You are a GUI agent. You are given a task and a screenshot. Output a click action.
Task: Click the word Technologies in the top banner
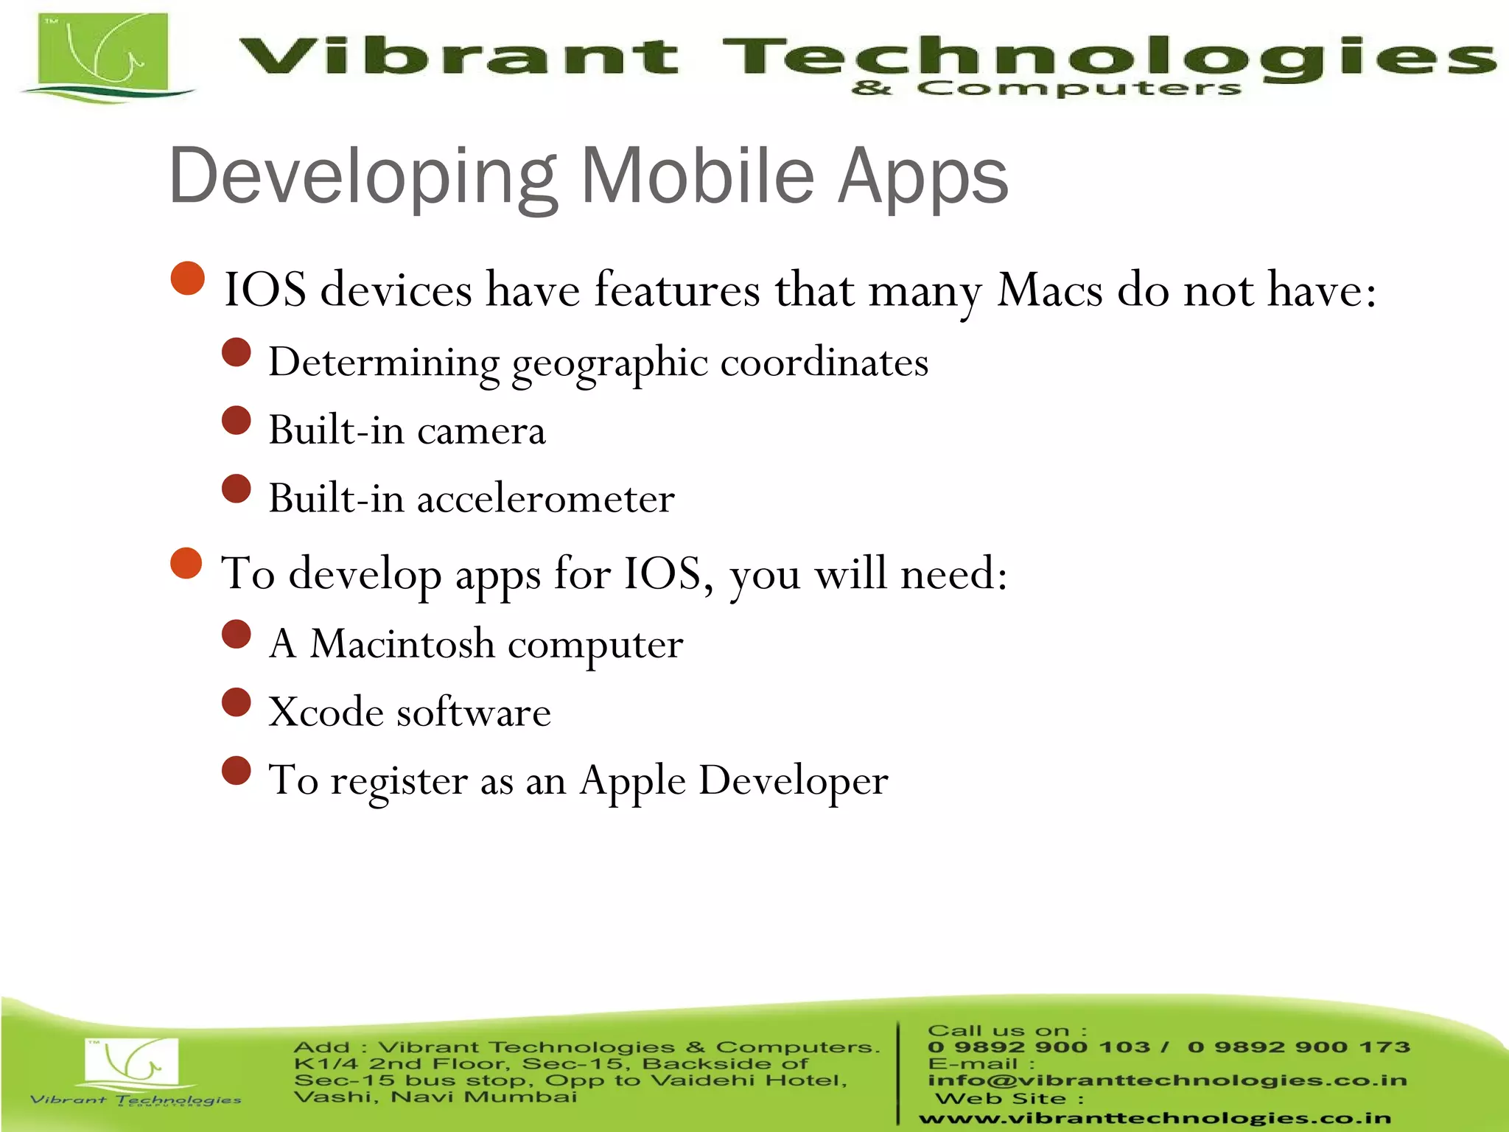pos(1105,57)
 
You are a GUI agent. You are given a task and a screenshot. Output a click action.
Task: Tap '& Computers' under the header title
pos(1046,88)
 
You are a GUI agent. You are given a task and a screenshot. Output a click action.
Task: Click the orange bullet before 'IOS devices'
pos(187,279)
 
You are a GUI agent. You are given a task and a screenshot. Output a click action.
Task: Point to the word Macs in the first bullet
pos(1050,290)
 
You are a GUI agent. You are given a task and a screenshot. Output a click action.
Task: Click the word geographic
pos(609,363)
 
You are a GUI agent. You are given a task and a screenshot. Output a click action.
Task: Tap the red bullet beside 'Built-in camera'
pos(237,421)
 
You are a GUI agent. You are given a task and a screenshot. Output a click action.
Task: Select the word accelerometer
pos(545,498)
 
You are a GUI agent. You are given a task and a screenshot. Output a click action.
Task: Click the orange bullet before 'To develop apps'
pos(186,564)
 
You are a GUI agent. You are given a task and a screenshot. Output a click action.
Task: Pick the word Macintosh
pos(402,644)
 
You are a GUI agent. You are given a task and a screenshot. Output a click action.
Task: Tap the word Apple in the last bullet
pos(632,780)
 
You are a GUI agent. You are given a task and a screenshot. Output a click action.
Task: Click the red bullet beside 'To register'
pos(237,771)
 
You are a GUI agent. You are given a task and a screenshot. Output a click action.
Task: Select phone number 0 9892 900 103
pos(1039,1047)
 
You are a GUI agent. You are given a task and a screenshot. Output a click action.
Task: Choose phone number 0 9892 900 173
pos(1298,1047)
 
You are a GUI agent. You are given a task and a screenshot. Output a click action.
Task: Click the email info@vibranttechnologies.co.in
pos(1167,1080)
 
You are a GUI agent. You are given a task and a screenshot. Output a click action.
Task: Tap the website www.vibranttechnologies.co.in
pos(1154,1118)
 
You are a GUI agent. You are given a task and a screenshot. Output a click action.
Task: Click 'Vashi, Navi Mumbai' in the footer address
pos(435,1097)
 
